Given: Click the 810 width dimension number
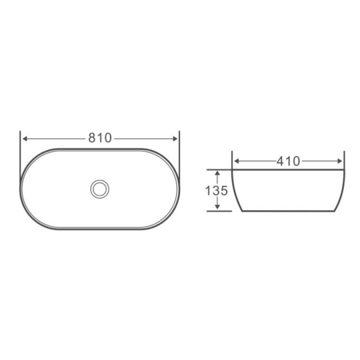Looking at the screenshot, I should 100,138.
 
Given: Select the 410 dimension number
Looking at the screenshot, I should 289,161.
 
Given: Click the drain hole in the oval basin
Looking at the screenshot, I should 100,188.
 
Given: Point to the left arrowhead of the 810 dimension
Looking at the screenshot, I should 25,138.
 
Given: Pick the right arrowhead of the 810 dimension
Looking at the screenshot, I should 175,138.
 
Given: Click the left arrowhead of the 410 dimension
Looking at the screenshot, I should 236,161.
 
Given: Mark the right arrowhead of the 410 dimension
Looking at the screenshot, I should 341,161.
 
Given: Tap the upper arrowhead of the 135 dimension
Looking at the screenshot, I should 217,173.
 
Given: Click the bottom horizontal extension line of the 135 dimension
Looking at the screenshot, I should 219,211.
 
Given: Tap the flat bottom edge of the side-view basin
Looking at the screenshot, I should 289,211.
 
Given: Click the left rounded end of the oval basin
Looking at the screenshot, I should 22,188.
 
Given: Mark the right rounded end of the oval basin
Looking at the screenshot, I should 179,188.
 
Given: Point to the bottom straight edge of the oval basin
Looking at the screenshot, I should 100,229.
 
